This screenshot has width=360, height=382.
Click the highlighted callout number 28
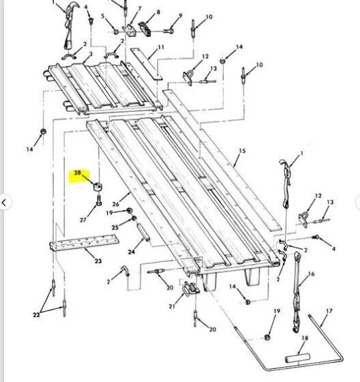77,173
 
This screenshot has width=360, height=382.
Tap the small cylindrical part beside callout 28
97,187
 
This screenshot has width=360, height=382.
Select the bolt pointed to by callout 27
99,201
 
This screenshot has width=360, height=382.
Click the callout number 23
98,261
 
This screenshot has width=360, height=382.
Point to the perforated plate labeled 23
85,242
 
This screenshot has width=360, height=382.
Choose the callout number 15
242,151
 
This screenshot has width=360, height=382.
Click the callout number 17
329,311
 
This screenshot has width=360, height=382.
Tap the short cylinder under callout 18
297,357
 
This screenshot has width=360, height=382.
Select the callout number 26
116,204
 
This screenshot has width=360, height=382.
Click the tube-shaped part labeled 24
143,233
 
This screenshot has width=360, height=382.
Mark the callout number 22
36,314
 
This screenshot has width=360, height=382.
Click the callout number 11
161,47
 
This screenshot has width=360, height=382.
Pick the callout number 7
140,9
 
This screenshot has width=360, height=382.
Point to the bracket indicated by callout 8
145,29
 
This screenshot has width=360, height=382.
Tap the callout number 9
181,16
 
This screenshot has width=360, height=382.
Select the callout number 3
91,54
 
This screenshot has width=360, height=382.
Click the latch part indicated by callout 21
190,289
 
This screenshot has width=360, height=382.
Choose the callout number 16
312,274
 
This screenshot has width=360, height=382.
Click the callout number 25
115,227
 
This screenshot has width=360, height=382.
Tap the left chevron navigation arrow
4,202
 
